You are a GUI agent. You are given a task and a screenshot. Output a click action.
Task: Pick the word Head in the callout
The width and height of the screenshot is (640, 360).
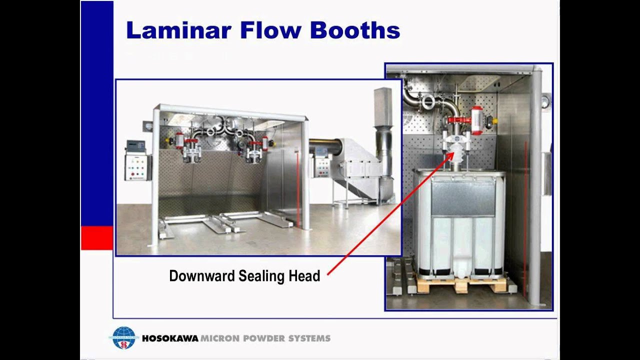point(304,276)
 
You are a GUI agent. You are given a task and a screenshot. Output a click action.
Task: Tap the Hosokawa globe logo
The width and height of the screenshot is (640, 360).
point(123,338)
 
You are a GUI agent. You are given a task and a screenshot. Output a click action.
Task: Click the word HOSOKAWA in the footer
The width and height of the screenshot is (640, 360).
point(170,338)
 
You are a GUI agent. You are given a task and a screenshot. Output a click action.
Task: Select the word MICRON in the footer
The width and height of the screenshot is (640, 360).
point(219,338)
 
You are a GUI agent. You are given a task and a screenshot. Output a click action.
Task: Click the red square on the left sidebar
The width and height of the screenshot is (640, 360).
point(97,237)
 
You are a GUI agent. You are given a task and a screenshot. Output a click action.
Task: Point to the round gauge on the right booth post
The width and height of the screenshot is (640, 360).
point(545,101)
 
